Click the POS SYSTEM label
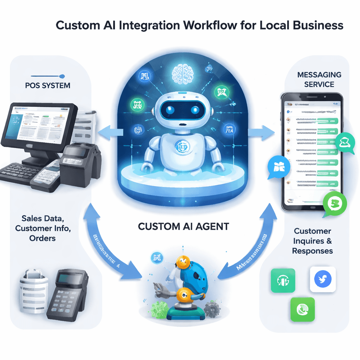48,85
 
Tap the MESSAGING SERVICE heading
319,79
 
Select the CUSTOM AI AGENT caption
183,226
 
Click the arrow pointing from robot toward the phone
261,133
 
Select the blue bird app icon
323,279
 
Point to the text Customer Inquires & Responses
312,241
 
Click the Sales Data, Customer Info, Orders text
43,228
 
